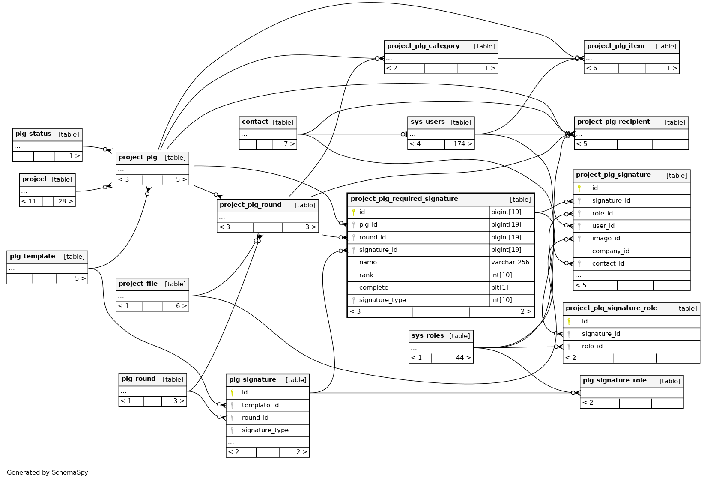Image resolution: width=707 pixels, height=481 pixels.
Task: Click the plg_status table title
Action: [x=33, y=134]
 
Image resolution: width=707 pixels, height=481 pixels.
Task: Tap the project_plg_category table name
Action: [x=423, y=46]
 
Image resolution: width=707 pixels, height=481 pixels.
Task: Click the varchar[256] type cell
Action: [x=511, y=262]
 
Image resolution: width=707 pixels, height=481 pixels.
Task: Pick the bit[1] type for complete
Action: [x=499, y=287]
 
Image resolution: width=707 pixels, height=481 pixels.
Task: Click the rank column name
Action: [x=366, y=275]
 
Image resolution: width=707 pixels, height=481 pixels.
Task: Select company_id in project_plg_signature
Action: [x=610, y=251]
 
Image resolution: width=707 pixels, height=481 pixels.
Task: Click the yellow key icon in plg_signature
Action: [x=232, y=392]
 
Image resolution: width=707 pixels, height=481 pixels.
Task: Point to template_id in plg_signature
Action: [x=260, y=405]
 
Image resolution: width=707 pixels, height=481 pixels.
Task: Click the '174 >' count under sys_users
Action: [x=462, y=144]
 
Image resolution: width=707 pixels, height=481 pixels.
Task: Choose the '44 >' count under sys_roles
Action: [x=463, y=358]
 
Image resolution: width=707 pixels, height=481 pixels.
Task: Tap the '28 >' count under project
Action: [x=65, y=201]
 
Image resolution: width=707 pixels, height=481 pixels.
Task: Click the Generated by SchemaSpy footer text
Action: [x=48, y=472]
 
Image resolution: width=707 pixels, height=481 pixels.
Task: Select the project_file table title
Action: [x=138, y=284]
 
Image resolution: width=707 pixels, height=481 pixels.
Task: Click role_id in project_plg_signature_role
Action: [x=592, y=346]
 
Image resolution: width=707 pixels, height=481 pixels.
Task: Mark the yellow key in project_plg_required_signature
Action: [x=354, y=212]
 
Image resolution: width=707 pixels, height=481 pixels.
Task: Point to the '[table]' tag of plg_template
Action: [x=74, y=257]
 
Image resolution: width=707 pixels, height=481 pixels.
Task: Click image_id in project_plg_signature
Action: [x=606, y=238]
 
